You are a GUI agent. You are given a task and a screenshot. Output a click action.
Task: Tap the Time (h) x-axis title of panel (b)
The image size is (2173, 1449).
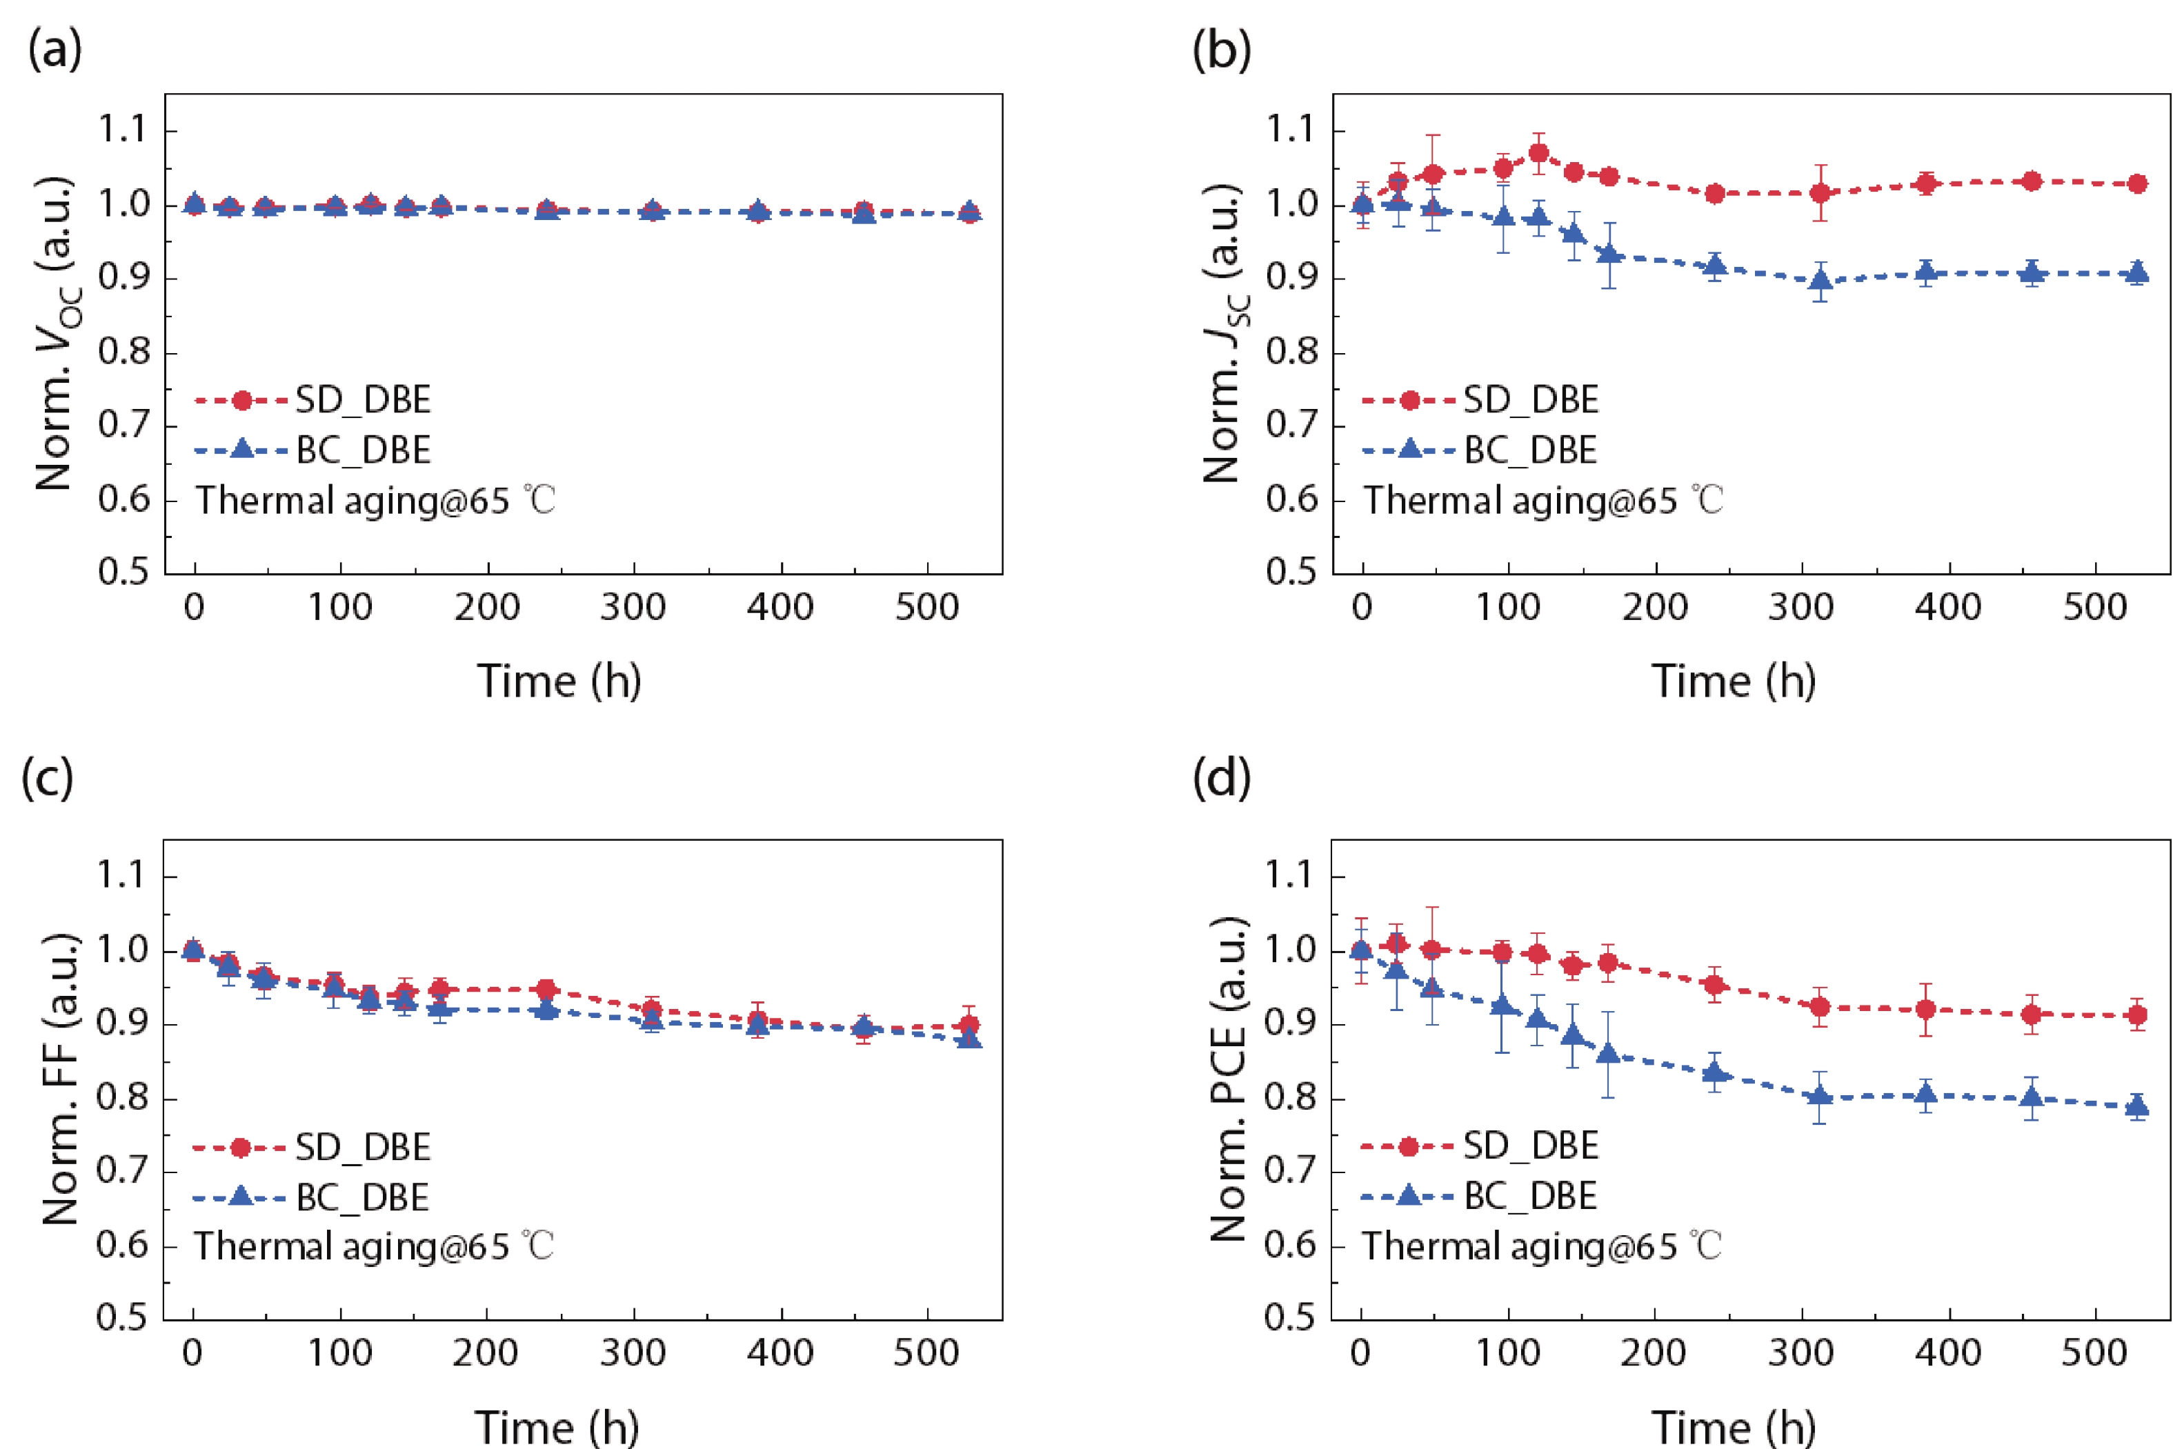click(x=1733, y=681)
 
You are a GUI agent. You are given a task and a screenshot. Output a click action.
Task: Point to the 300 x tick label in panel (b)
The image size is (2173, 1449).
click(x=1800, y=607)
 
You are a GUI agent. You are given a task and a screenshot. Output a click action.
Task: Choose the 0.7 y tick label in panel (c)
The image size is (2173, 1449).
click(x=122, y=1172)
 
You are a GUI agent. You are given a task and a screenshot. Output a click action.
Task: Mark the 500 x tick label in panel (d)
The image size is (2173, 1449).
click(x=2094, y=1353)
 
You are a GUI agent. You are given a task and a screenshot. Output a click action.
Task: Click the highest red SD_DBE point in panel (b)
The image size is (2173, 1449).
click(x=1539, y=152)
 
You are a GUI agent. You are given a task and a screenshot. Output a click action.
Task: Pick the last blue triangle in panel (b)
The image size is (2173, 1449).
click(x=2137, y=272)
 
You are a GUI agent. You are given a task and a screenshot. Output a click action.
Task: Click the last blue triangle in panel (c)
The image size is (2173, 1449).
click(x=970, y=1038)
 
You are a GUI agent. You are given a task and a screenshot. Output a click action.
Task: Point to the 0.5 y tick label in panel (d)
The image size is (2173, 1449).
click(x=1290, y=1318)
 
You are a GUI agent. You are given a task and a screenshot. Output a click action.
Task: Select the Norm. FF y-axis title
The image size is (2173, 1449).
click(x=61, y=1079)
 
